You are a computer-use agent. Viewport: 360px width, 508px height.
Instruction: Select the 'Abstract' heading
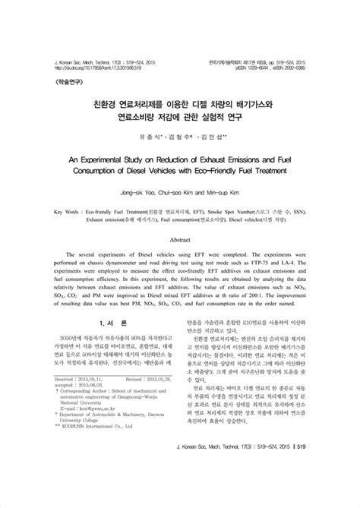coord(179,238)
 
